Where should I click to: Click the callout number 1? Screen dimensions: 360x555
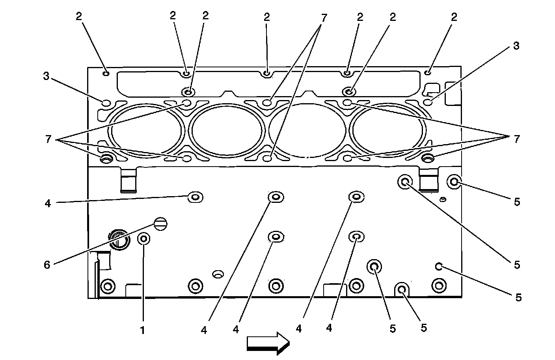(143, 330)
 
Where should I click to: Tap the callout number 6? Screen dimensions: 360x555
(47, 265)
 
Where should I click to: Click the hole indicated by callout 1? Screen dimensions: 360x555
(143, 238)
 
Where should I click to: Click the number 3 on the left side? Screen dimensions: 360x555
(47, 76)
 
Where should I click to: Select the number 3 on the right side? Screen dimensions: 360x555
(516, 46)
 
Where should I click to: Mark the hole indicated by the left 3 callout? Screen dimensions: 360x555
(106, 103)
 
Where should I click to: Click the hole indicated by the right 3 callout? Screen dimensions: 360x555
(429, 102)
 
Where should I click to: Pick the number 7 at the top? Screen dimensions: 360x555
(324, 17)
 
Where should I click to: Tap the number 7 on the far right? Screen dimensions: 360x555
(516, 139)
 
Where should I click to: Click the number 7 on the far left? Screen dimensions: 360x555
(48, 139)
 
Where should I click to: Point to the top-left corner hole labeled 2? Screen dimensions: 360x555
(106, 73)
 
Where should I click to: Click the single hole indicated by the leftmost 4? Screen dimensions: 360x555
(195, 197)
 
